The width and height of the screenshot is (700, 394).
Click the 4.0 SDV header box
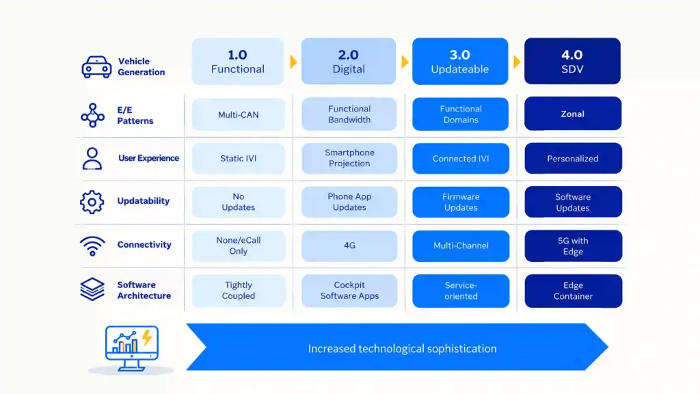(572, 61)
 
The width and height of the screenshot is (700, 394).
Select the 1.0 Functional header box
(237, 61)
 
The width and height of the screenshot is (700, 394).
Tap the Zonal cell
(573, 114)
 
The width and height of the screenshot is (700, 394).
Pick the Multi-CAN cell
(239, 114)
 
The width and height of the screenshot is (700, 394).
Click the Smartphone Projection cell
(349, 158)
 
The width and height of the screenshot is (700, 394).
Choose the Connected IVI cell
(461, 158)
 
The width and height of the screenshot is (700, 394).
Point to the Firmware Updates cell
(461, 202)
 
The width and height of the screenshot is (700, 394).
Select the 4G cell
(349, 246)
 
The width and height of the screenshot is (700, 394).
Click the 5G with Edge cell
(574, 246)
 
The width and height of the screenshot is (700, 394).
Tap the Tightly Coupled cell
(239, 290)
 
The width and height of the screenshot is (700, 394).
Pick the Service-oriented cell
(461, 291)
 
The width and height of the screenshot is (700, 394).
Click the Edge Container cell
(574, 291)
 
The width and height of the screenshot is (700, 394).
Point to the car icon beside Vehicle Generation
(96, 67)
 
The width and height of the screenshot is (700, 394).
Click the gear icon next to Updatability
(92, 202)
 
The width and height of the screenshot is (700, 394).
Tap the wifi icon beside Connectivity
(92, 246)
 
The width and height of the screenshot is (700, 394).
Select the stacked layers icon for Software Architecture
(92, 289)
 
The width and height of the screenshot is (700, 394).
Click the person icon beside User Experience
(92, 159)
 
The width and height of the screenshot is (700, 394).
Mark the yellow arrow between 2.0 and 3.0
(405, 62)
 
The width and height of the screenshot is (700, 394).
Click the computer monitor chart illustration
(132, 348)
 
